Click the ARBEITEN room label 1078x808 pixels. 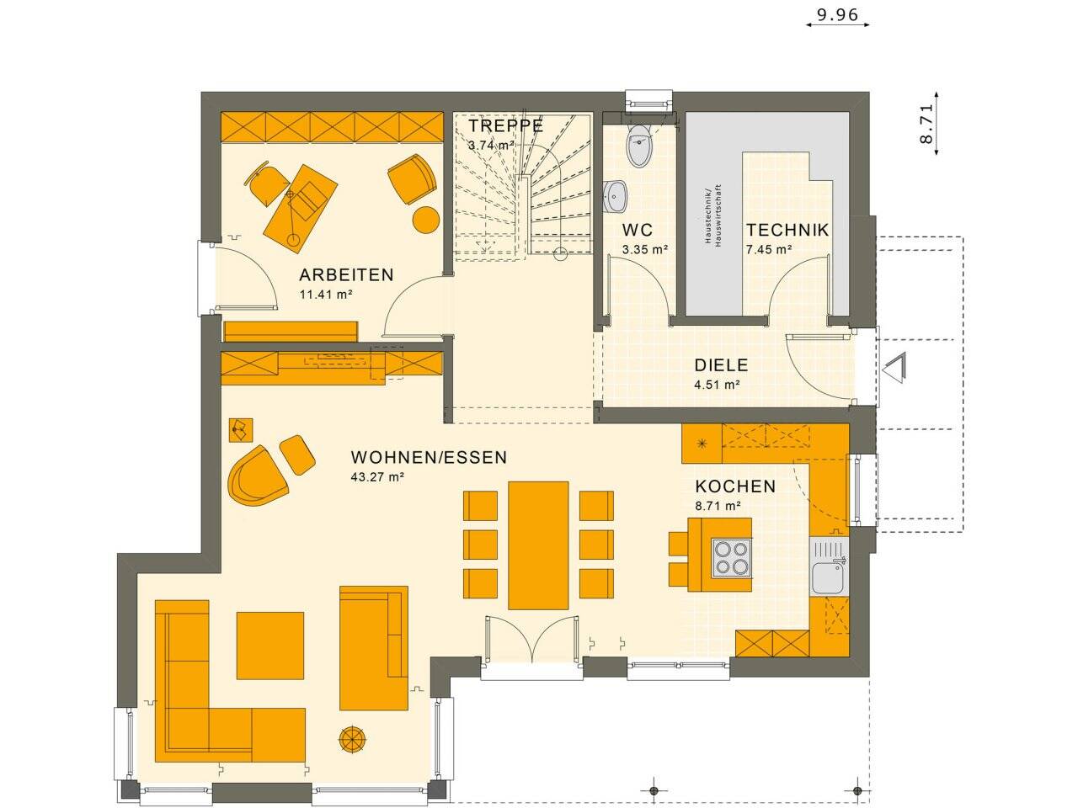(346, 274)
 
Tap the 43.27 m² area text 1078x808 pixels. (377, 477)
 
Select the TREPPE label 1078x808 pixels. (505, 126)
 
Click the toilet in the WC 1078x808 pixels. (640, 149)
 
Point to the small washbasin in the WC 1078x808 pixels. (616, 196)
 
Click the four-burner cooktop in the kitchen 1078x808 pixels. (732, 557)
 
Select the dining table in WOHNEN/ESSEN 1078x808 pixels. (538, 545)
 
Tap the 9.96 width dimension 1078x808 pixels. (837, 14)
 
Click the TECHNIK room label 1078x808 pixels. (787, 230)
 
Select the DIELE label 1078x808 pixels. (720, 365)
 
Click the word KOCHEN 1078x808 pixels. (734, 486)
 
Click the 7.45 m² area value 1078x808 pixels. (767, 249)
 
